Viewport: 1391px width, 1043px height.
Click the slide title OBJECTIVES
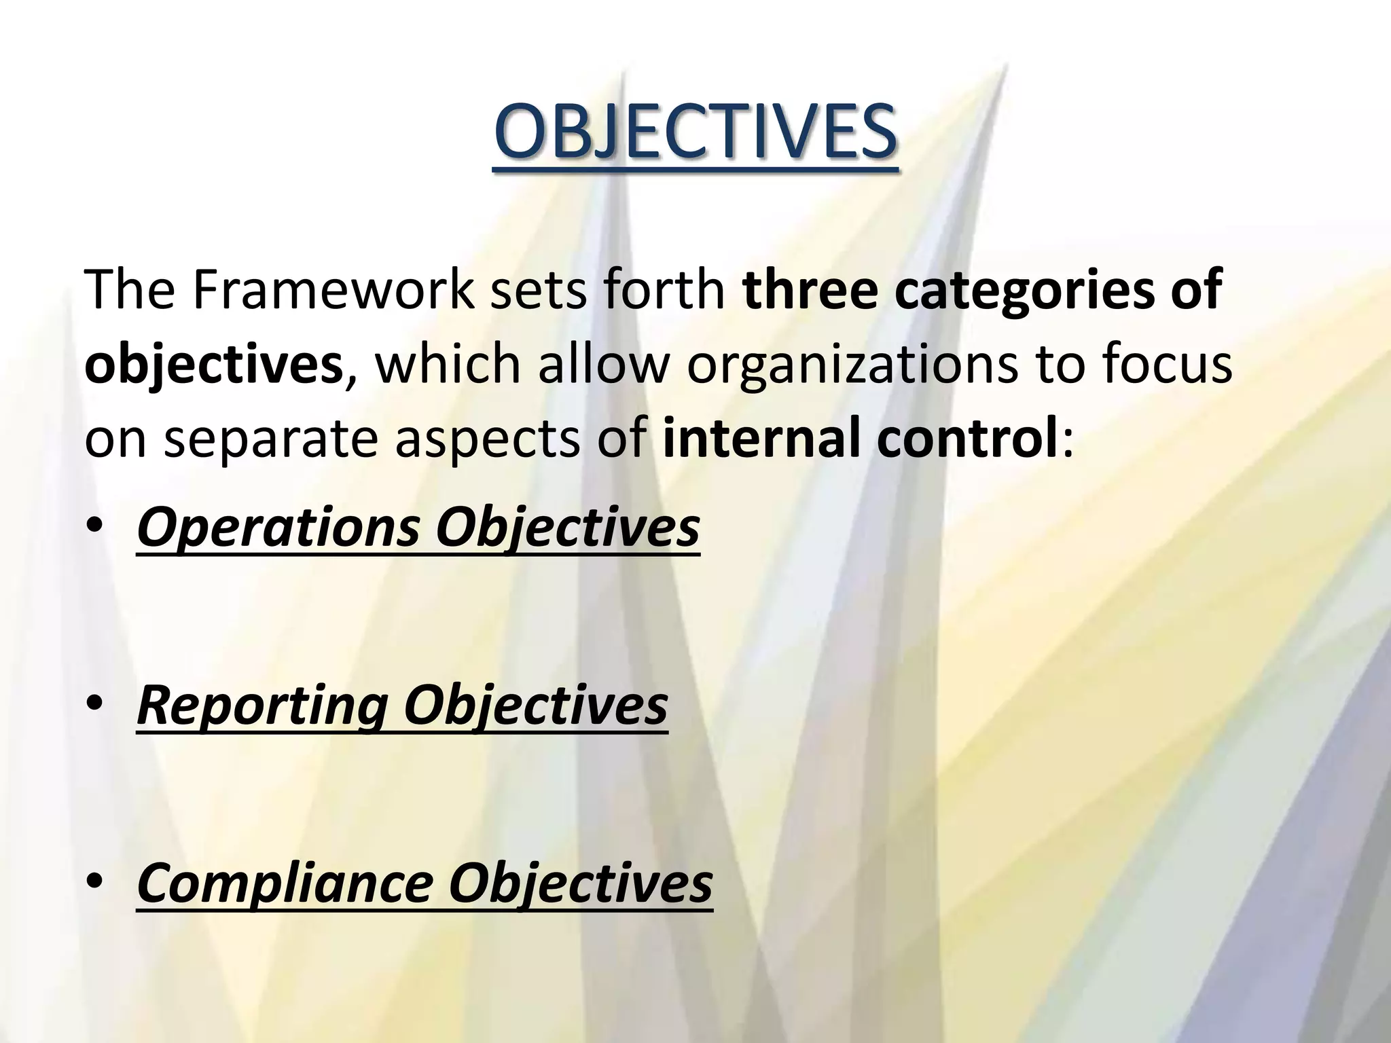[x=694, y=130]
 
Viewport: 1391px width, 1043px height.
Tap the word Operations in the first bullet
[x=278, y=530]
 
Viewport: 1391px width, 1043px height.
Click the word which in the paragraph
[x=448, y=364]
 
